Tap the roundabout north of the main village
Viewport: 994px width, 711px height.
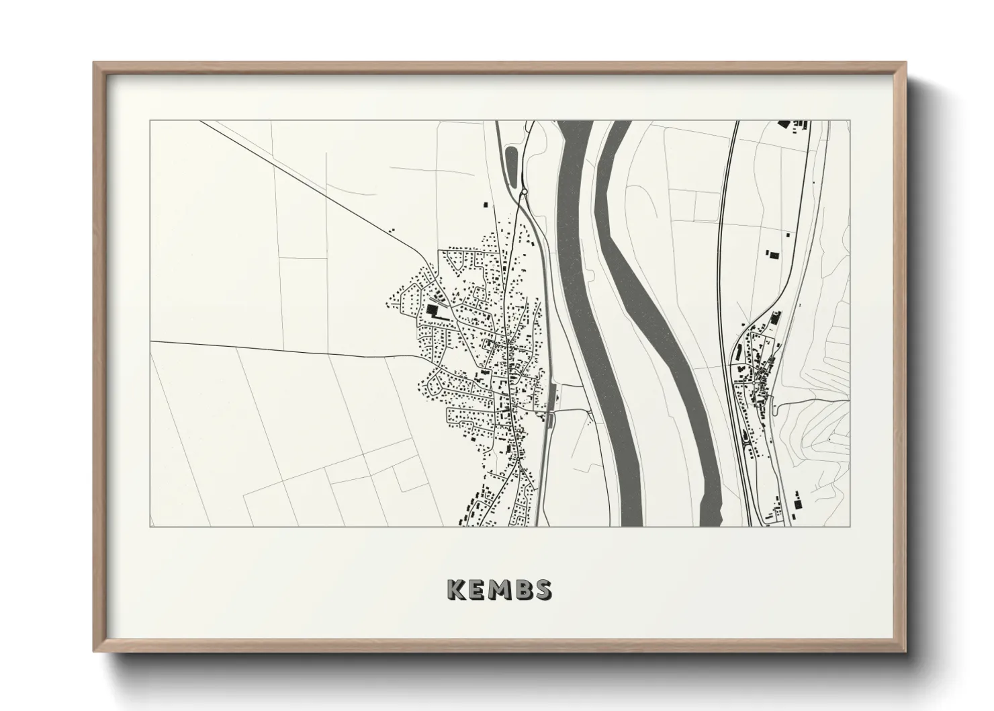point(524,193)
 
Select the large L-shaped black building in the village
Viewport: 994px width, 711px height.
point(432,310)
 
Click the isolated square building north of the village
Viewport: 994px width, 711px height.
point(484,204)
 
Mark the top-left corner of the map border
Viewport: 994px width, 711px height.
point(150,121)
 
